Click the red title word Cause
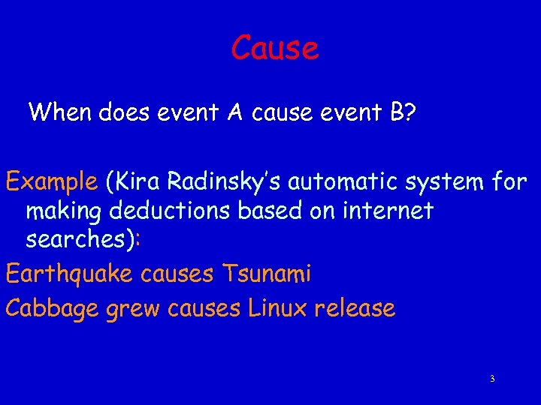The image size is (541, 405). [x=275, y=48]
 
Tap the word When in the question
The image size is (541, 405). [x=60, y=112]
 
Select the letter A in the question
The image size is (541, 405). [x=234, y=112]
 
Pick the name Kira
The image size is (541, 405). [x=139, y=181]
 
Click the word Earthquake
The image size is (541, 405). [x=69, y=274]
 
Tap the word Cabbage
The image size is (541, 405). [x=52, y=308]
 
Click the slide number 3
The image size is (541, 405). [x=492, y=379]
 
